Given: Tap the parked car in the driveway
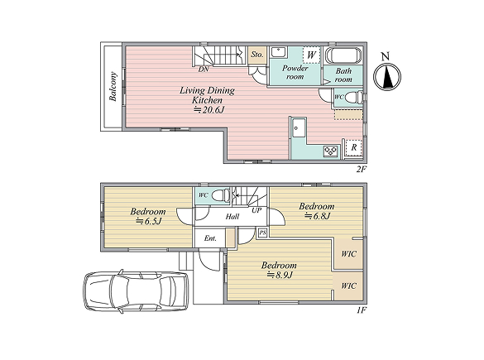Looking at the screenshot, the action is pos(137,291).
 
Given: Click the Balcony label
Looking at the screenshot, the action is pos(113,86).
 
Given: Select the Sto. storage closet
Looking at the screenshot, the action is pos(257,55).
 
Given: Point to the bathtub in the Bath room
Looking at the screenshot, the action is pos(343,55).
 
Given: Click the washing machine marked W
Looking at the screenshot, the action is pos(311,55).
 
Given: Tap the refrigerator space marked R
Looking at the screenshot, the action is pos(354,147).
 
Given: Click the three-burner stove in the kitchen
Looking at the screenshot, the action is pos(331,151).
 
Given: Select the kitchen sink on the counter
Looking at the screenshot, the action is pos(297,127).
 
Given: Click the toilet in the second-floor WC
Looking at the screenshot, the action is pos(353,98).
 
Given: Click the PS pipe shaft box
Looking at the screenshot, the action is pos(262,233).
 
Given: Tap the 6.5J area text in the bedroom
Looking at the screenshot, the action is pos(149,221).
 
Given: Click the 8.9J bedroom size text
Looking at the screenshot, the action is pos(280,275).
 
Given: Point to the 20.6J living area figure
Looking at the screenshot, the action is pos(208,109).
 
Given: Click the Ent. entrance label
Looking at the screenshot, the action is pos(210,238).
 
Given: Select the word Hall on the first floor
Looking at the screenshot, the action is pos(232,217).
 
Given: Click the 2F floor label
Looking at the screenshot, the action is pos(362,169).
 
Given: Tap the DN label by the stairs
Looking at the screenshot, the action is pos(204,70).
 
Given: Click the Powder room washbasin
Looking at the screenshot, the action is pos(279,51).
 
